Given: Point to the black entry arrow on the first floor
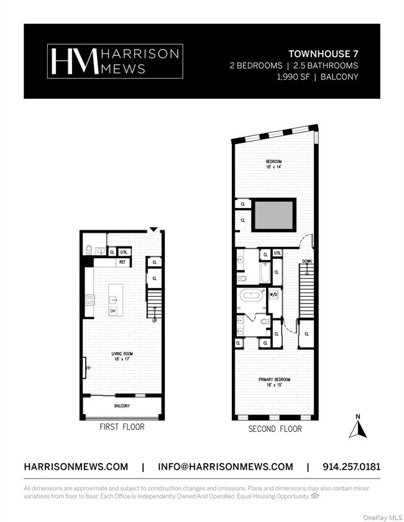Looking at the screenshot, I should pos(153,229).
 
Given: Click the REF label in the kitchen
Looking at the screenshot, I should pos(122,263).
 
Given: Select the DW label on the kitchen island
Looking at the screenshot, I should pos(113,311).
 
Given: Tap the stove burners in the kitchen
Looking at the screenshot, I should pos(90,300).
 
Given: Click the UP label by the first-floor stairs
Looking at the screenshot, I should pos(154,321).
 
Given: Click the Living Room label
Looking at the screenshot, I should pos(122,354).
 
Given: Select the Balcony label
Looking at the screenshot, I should pos(122,406).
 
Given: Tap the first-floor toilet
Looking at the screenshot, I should pos(89,250).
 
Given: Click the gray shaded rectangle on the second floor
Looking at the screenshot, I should pos(273,215).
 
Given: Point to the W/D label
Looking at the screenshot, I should pos(273,295).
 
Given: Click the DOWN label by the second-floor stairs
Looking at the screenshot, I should pos(307,261).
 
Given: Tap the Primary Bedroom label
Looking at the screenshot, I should pos(274,379).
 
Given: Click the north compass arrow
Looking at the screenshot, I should pos(357,428).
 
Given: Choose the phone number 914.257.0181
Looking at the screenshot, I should pos(351,467).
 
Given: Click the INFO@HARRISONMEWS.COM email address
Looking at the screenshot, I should pos(225,467).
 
